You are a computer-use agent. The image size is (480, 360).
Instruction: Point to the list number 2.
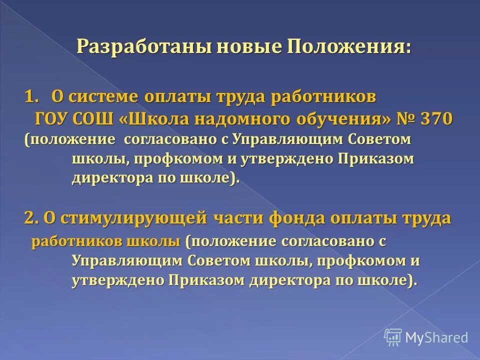(31, 218)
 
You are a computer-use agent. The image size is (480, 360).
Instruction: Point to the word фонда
(302, 218)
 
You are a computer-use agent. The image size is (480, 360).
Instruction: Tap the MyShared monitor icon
(394, 337)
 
